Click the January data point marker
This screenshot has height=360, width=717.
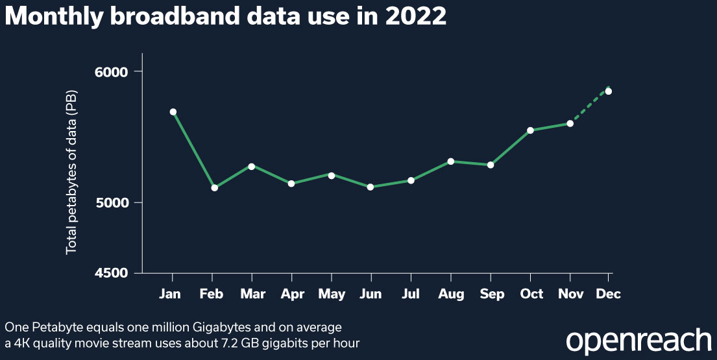tap(173, 112)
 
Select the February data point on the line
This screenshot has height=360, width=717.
tap(214, 188)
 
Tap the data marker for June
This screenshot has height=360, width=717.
tap(371, 187)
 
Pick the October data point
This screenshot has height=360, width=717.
tap(530, 130)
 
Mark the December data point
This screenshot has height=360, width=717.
tap(609, 91)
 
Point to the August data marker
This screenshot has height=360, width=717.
tap(450, 162)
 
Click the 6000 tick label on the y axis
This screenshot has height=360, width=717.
tap(115, 71)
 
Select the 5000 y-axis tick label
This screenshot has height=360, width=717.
tap(115, 202)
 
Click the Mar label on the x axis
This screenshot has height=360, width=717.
tap(252, 294)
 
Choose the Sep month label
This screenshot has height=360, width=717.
tap(492, 294)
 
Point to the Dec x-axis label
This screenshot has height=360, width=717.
tap(609, 294)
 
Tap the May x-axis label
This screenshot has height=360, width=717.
tap(332, 294)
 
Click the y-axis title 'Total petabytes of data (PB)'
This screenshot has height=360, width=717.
tap(71, 172)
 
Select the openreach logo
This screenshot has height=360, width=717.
tap(638, 341)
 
